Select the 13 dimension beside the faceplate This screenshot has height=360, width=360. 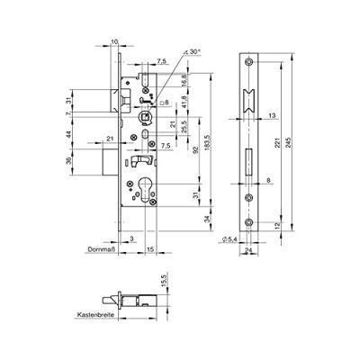[x=271, y=115]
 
